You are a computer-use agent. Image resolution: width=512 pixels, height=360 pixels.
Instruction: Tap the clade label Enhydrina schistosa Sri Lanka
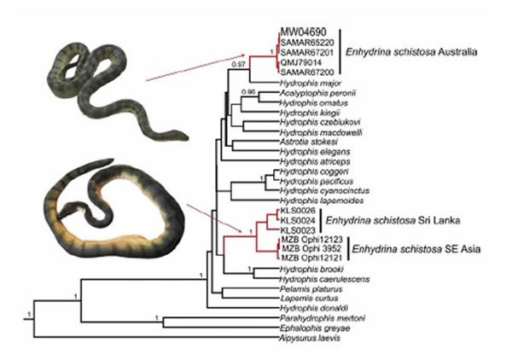click(375, 219)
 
